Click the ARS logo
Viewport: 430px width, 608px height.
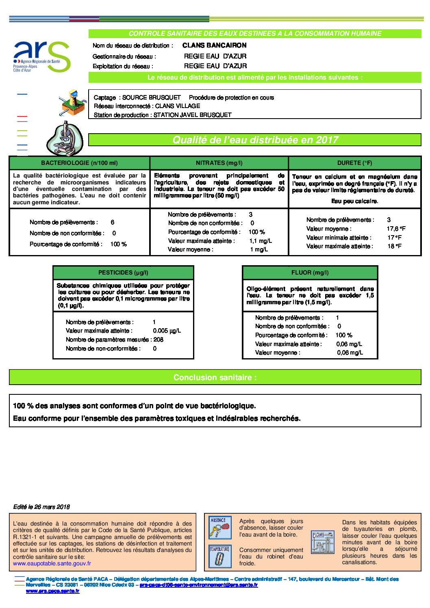pyautogui.click(x=42, y=56)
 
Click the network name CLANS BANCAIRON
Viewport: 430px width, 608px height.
pyautogui.click(x=214, y=45)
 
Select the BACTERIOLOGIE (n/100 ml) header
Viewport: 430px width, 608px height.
pyautogui.click(x=79, y=163)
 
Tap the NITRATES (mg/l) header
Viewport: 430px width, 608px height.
pyautogui.click(x=219, y=163)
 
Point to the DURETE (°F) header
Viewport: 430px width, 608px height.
pyautogui.click(x=354, y=163)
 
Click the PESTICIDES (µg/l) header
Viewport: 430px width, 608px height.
pyautogui.click(x=123, y=273)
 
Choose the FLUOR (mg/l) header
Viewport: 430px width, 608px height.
pyautogui.click(x=310, y=273)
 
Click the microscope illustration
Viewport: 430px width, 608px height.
pyautogui.click(x=65, y=139)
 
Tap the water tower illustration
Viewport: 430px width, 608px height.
pyautogui.click(x=72, y=102)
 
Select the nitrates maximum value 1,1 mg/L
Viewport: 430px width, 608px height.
pyautogui.click(x=261, y=241)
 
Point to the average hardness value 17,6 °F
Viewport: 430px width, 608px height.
pyautogui.click(x=396, y=229)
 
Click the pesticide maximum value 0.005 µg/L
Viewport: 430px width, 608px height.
pyautogui.click(x=167, y=331)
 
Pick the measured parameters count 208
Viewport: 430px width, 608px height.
pyautogui.click(x=158, y=340)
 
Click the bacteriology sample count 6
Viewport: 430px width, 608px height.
pyautogui.click(x=112, y=222)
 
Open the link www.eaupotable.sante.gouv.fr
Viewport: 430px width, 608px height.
pyautogui.click(x=52, y=563)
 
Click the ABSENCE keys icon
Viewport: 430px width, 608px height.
pyautogui.click(x=219, y=527)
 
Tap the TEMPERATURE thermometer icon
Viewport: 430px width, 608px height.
pyautogui.click(x=219, y=556)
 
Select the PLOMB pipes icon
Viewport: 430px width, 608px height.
pyautogui.click(x=322, y=542)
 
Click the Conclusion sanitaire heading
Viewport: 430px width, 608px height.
pyautogui.click(x=215, y=377)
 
